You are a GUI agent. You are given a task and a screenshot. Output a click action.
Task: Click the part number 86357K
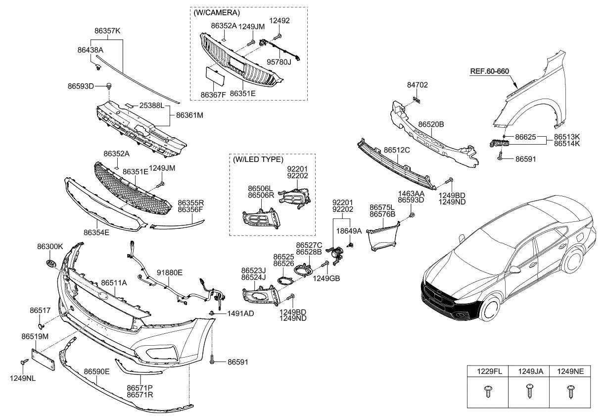pos(107,31)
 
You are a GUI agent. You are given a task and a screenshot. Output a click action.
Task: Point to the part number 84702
pos(418,85)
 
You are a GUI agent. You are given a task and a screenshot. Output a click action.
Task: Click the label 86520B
pos(431,124)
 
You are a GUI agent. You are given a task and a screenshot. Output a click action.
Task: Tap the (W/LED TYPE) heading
pos(258,159)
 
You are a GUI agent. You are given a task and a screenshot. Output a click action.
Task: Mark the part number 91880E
pos(170,272)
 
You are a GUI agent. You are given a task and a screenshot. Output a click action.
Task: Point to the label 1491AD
pos(240,314)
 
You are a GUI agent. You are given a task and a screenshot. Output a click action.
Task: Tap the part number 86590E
pos(96,371)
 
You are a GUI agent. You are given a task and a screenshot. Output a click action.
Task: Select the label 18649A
pos(349,230)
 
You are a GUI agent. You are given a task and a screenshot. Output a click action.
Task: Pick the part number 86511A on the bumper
pos(114,283)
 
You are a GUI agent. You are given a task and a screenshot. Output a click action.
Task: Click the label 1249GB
pos(326,278)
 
